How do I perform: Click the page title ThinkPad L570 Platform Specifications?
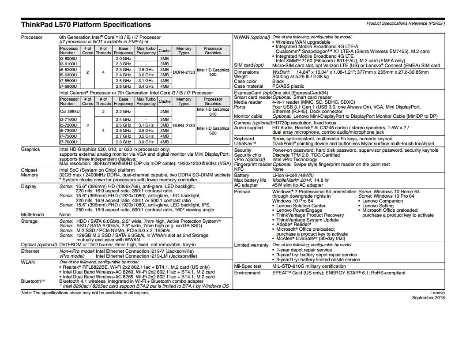pos(86,25)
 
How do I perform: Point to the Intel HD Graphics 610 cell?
pos(213,112)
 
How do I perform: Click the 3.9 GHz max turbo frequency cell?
pos(146,142)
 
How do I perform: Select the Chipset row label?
pos(29,170)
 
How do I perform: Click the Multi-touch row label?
pos(33,214)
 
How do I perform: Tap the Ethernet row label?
pos(30,251)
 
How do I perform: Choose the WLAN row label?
pos(28,262)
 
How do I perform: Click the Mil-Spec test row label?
pos(248,266)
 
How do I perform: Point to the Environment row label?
pos(248,273)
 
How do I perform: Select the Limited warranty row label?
pos(251,245)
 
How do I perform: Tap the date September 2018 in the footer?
pos(428,297)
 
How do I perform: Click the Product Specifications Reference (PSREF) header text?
pos(406,23)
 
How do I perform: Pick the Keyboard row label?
pos(244,139)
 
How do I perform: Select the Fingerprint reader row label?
pos(252,165)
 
